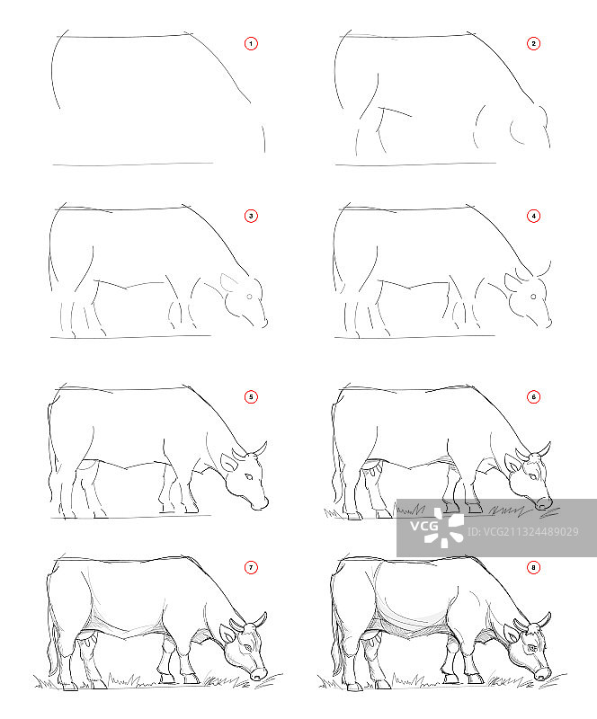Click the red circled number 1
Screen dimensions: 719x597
point(251,43)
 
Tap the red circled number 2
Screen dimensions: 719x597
point(533,43)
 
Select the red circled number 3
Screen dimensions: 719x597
point(251,216)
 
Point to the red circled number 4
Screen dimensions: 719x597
point(533,216)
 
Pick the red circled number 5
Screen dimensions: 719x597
point(251,396)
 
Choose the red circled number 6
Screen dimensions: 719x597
point(533,396)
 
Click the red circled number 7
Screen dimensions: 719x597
point(251,567)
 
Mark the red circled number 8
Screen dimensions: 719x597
point(533,567)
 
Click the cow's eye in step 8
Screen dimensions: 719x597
point(531,645)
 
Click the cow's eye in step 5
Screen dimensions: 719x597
point(246,475)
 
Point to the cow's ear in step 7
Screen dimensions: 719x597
point(227,636)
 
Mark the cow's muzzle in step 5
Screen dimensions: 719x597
point(259,501)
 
